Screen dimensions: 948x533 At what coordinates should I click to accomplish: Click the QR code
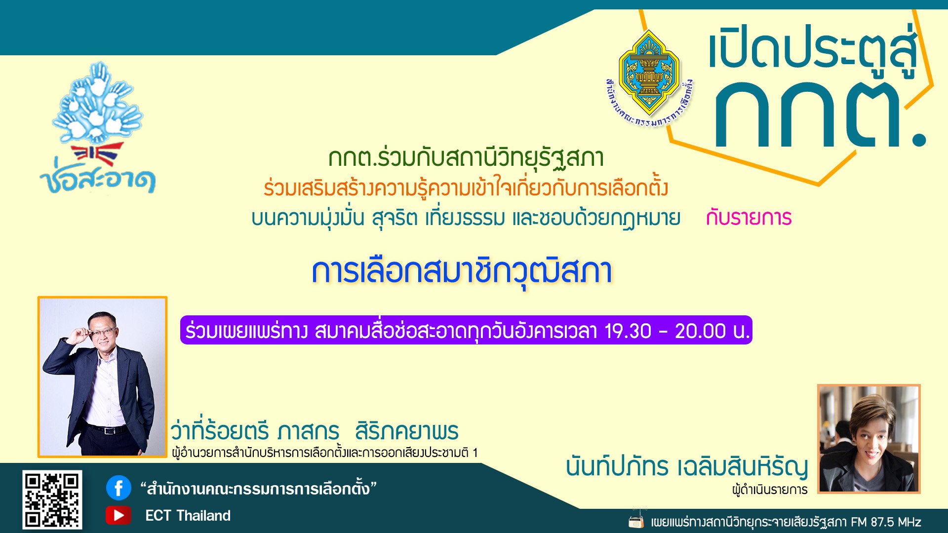pyautogui.click(x=52, y=499)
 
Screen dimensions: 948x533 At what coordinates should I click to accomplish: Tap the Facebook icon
pyautogui.click(x=118, y=488)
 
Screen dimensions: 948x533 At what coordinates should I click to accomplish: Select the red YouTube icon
pyautogui.click(x=118, y=515)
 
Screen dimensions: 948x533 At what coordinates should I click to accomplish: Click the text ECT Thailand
pyautogui.click(x=188, y=516)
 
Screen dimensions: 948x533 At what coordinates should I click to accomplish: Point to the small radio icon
pyautogui.click(x=636, y=521)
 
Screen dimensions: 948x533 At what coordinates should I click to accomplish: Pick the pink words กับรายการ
pyautogui.click(x=749, y=218)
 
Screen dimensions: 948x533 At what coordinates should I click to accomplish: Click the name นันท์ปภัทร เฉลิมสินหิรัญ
pyautogui.click(x=687, y=467)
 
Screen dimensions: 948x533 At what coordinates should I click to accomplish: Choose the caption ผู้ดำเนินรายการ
pyautogui.click(x=770, y=490)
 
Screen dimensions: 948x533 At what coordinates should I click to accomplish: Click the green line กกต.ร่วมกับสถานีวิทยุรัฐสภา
pyautogui.click(x=466, y=158)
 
